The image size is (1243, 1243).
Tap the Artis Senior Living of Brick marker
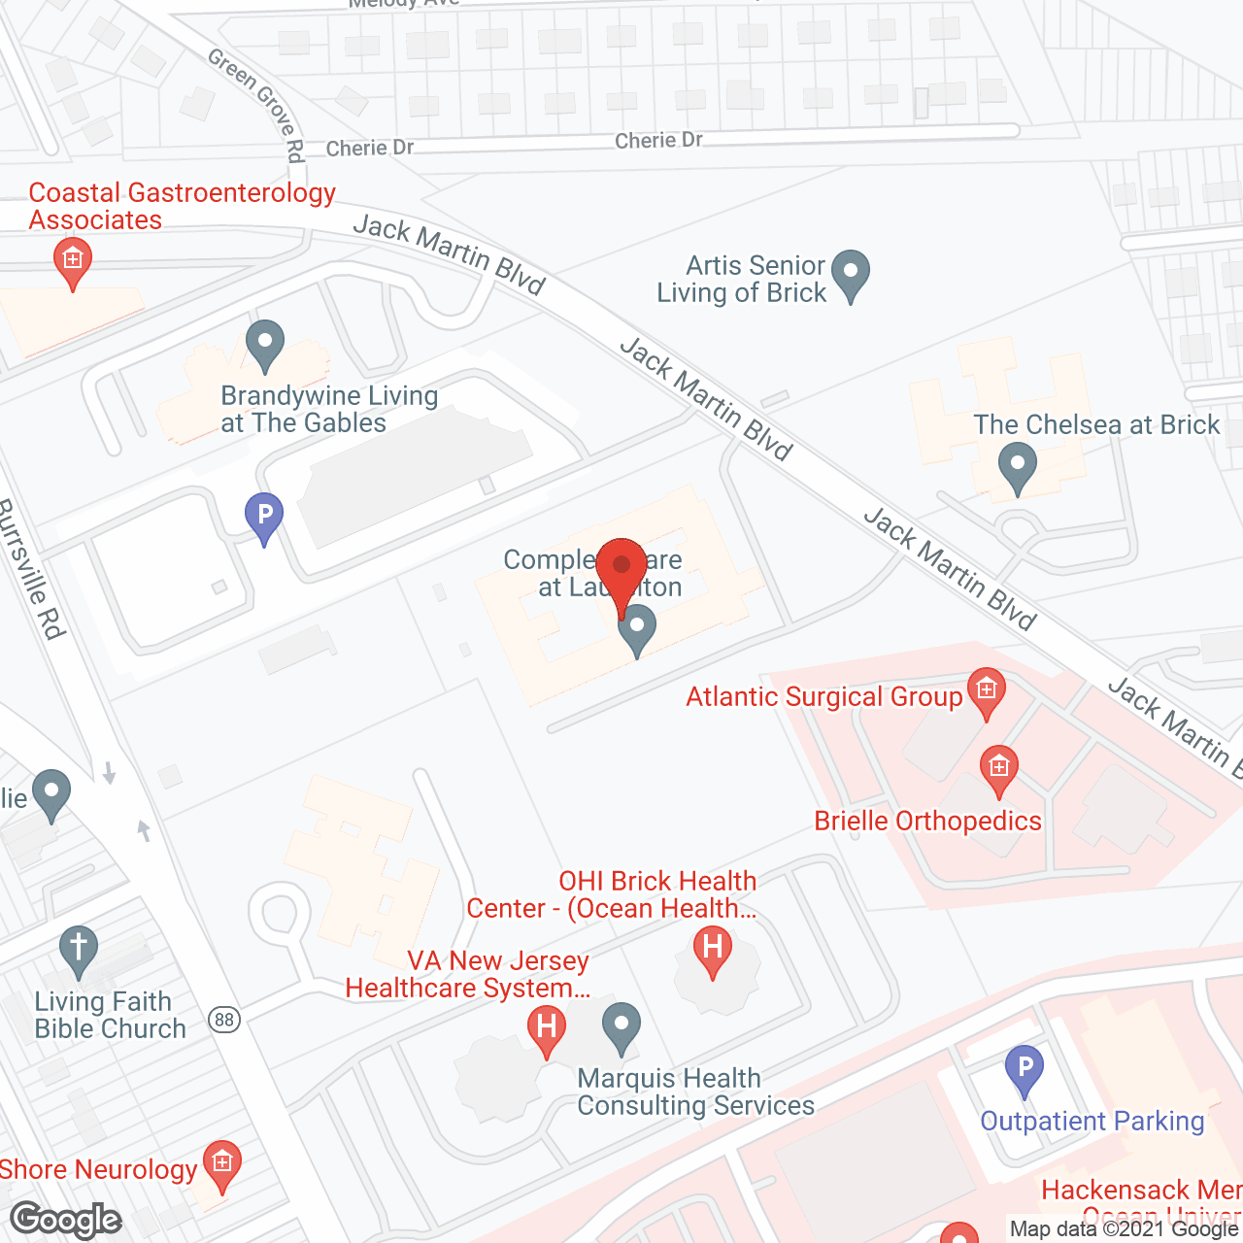point(851,274)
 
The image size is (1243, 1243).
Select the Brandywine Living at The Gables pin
point(264,345)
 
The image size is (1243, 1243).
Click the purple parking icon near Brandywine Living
point(263,516)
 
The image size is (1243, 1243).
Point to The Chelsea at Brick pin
point(1017,467)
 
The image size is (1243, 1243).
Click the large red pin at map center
point(621,571)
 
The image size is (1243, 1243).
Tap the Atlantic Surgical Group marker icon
point(986,691)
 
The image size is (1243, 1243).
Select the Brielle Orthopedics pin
point(998,769)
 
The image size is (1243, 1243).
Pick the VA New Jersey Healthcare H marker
point(547,1028)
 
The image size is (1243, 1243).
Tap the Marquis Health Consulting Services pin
point(621,1026)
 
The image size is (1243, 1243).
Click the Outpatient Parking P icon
point(1024,1068)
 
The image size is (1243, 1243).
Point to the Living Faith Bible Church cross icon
point(79,949)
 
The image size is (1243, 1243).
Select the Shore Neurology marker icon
point(222,1164)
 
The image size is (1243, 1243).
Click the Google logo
point(66,1220)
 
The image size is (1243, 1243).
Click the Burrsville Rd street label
point(32,569)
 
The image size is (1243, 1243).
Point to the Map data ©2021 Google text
point(1125,1229)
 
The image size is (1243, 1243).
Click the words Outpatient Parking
point(1092,1122)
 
